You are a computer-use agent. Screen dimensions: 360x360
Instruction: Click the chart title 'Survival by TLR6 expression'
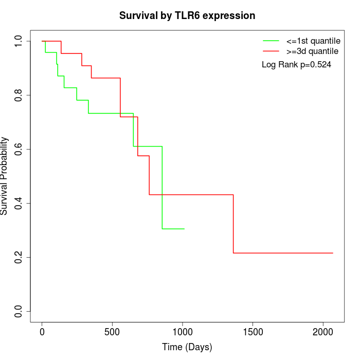pyautogui.click(x=187, y=16)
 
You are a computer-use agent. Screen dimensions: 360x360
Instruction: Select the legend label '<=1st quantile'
pyautogui.click(x=313, y=40)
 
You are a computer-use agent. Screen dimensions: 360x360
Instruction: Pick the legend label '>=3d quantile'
pyautogui.click(x=312, y=51)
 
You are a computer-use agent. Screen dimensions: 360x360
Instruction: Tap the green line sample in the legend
pyautogui.click(x=271, y=40)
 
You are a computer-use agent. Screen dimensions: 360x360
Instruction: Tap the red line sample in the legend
pyautogui.click(x=271, y=51)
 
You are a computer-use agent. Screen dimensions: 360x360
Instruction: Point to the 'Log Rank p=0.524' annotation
pyautogui.click(x=296, y=65)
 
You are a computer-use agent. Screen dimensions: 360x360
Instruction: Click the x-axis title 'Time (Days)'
pyautogui.click(x=187, y=347)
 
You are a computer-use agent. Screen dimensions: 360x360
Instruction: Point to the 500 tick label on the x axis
pyautogui.click(x=112, y=331)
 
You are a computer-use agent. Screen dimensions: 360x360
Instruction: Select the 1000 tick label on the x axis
pyautogui.click(x=183, y=331)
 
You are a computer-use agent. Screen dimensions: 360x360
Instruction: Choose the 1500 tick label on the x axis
pyautogui.click(x=253, y=331)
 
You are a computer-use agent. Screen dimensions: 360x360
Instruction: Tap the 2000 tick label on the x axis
pyautogui.click(x=323, y=331)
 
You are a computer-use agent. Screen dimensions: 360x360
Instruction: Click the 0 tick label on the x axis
pyautogui.click(x=42, y=331)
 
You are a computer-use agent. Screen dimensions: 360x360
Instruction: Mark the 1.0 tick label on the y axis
pyautogui.click(x=19, y=41)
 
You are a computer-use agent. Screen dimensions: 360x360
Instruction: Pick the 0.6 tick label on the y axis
pyautogui.click(x=19, y=149)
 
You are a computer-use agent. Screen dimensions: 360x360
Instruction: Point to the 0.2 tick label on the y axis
pyautogui.click(x=19, y=257)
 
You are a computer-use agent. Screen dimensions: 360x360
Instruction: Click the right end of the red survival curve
pyautogui.click(x=333, y=253)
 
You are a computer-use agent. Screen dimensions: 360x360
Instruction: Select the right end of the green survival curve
pyautogui.click(x=184, y=228)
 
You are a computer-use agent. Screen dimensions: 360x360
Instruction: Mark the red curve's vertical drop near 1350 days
pyautogui.click(x=233, y=224)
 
